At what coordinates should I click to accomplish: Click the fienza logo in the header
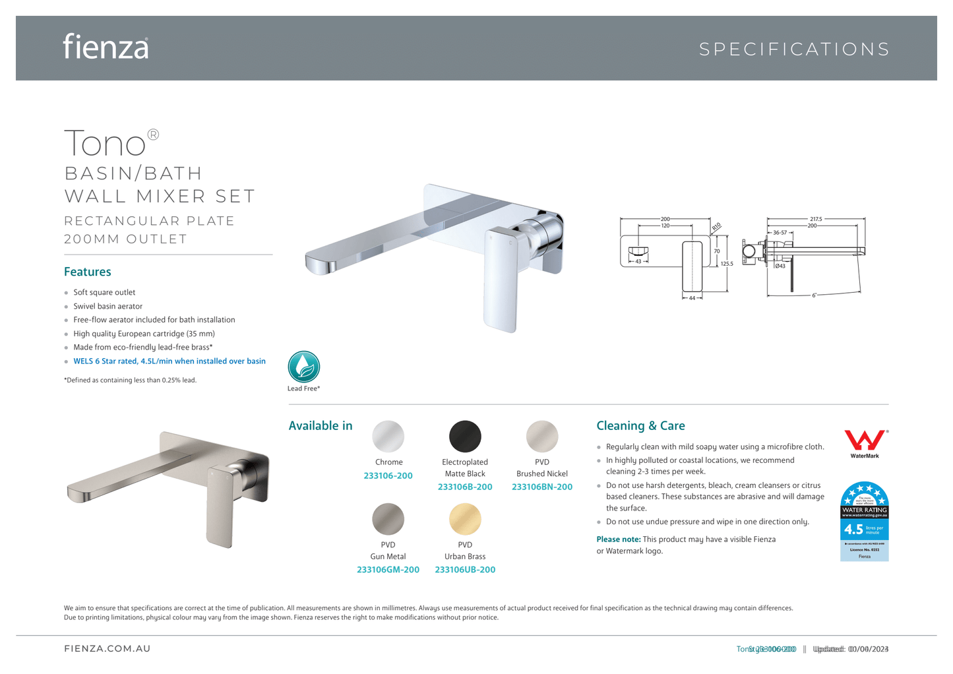(106, 47)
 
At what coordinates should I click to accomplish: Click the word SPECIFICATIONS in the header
(794, 49)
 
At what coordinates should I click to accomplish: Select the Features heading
(88, 272)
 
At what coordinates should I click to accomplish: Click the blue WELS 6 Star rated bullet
(169, 361)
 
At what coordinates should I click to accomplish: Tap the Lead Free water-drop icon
(304, 367)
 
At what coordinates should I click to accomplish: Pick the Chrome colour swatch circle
(388, 437)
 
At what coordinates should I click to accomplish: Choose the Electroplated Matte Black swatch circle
(465, 437)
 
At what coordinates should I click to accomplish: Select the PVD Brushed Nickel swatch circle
(542, 437)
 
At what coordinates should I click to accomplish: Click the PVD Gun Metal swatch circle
(388, 519)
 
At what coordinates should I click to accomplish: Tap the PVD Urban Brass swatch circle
(465, 519)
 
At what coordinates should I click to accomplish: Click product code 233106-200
(388, 475)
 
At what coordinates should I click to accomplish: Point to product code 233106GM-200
(388, 570)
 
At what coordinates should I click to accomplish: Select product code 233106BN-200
(542, 487)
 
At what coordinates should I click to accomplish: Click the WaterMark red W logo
(865, 441)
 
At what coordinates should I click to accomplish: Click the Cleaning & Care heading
(640, 426)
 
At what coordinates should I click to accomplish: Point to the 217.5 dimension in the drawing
(816, 219)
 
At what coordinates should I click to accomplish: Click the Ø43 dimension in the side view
(780, 266)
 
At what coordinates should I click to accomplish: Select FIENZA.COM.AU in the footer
(108, 649)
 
